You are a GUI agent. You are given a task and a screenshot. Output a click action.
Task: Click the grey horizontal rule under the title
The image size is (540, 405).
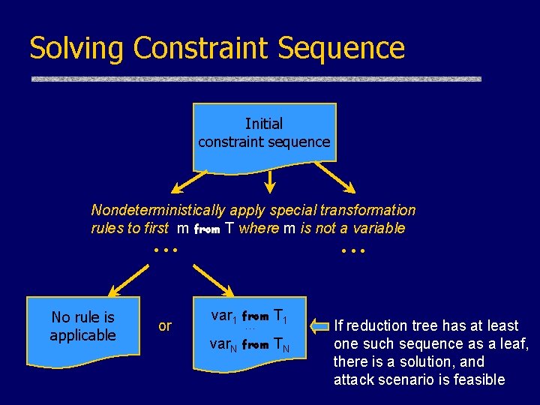coord(256,79)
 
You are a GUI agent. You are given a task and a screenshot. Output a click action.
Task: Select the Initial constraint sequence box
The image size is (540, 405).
coord(264,133)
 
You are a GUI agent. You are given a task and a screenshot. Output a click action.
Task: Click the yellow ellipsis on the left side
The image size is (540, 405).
coord(165,250)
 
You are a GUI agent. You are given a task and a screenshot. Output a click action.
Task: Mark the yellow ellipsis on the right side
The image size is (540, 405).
coord(352,250)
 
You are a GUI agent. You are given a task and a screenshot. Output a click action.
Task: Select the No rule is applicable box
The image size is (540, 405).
coord(82,327)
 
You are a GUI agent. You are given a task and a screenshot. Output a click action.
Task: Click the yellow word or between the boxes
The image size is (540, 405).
coord(165,326)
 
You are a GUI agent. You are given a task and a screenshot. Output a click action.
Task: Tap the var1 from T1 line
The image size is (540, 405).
coord(250,316)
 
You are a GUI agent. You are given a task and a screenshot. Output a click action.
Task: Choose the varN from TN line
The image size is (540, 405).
coord(250,345)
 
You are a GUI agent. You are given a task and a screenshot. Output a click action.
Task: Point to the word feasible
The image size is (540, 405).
coord(477,379)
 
